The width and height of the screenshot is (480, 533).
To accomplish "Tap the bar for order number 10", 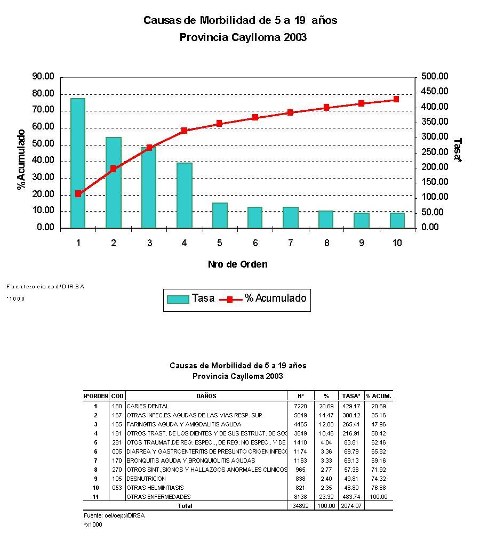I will click(396, 220).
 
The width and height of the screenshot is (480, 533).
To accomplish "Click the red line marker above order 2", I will click(113, 169).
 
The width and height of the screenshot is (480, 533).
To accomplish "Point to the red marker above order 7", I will click(290, 112).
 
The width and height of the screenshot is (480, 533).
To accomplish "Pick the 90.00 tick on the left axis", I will click(43, 77).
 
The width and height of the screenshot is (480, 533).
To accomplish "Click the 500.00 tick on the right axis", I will click(434, 77).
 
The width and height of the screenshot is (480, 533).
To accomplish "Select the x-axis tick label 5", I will click(219, 244).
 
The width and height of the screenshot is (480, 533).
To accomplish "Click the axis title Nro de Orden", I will click(237, 264).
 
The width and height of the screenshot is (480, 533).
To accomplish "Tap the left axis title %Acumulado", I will click(21, 159).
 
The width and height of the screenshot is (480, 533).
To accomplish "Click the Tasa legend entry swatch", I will click(178, 299).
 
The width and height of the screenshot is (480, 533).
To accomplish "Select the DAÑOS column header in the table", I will click(206, 396).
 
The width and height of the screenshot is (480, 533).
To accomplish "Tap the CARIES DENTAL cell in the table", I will click(148, 406).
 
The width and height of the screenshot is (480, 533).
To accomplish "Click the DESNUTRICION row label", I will click(146, 479).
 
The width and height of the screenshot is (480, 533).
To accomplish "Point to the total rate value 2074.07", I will click(352, 506).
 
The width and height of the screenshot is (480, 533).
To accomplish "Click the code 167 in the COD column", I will click(117, 415).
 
